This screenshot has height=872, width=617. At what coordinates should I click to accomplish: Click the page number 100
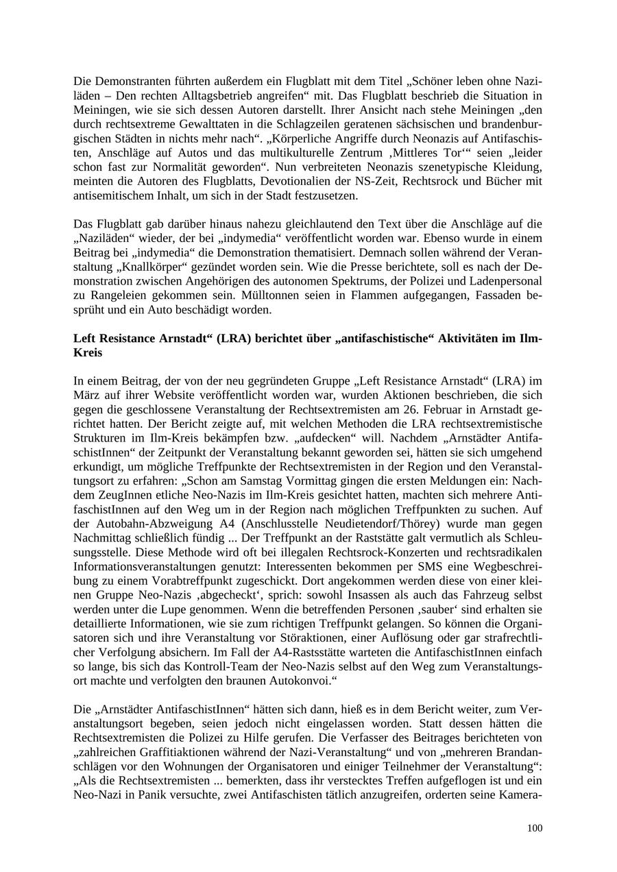[535, 828]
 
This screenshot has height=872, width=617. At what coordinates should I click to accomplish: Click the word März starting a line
[86, 396]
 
